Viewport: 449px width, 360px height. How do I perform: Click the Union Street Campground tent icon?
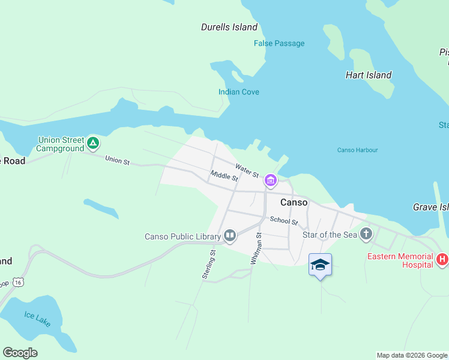point(92,143)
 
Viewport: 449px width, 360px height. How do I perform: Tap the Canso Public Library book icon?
point(229,236)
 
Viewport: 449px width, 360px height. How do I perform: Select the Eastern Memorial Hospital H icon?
point(442,259)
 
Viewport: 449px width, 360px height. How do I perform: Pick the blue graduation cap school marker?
point(320,265)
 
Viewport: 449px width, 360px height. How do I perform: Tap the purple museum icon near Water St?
point(271,179)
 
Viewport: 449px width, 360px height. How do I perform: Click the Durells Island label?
point(229,27)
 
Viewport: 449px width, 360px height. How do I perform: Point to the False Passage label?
point(279,43)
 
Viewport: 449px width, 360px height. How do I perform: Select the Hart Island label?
point(368,75)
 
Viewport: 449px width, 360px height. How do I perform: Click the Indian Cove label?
point(238,92)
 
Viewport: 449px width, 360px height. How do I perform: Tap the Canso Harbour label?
point(357,150)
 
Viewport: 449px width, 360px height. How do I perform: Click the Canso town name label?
point(294,202)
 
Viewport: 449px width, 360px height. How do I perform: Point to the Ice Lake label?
point(37,318)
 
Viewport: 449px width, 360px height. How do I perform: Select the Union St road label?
point(117,161)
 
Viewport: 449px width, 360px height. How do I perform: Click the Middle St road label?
point(224,176)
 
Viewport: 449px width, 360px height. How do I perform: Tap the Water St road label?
point(247,170)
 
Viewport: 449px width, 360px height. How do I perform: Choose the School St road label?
point(283,221)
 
